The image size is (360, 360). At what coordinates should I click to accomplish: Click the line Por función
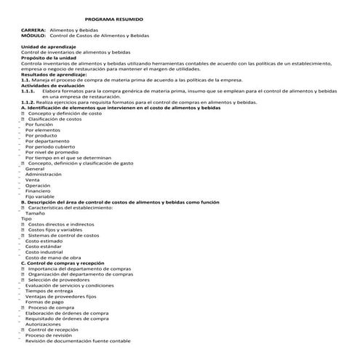coord(39,124)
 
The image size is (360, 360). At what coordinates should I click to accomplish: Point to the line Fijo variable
coord(39,196)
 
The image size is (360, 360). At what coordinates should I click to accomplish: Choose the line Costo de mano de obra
coord(52,257)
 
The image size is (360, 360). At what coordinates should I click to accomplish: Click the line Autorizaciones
coord(44,324)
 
